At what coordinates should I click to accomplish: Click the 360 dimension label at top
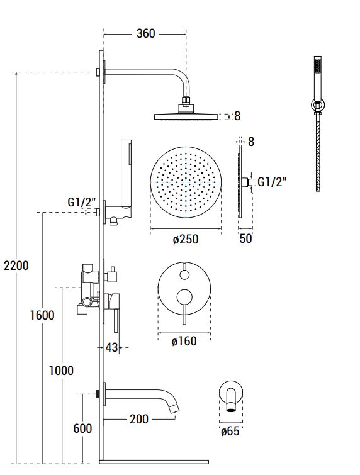[146, 33]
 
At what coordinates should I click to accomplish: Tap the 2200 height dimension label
[16, 265]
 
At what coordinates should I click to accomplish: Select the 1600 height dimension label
[42, 315]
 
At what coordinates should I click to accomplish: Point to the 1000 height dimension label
[61, 371]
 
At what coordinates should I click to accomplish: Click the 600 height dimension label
[82, 428]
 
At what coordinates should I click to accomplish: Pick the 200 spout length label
[139, 419]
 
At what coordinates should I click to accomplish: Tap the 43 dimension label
[111, 347]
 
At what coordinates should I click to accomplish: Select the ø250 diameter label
[186, 239]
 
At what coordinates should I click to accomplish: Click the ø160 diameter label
[184, 342]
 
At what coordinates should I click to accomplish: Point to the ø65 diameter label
[230, 431]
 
